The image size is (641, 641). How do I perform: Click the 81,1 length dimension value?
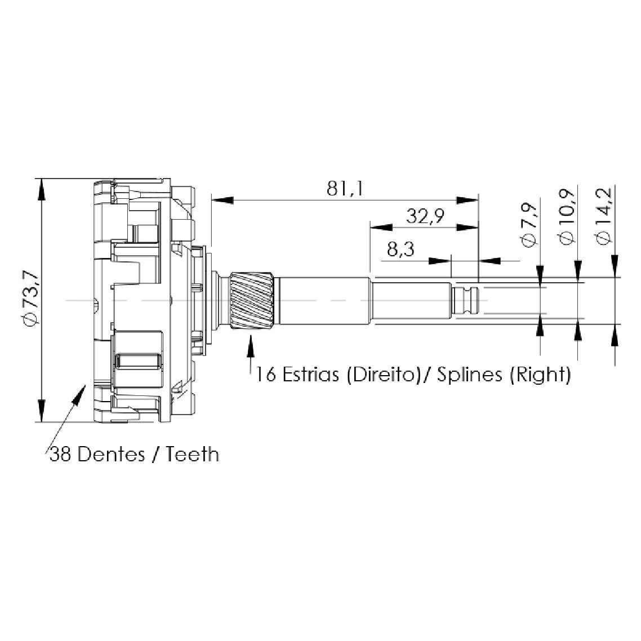345,189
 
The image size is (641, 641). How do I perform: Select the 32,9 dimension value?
425,216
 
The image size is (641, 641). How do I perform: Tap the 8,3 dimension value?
400,249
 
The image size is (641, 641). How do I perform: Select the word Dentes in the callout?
111,454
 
